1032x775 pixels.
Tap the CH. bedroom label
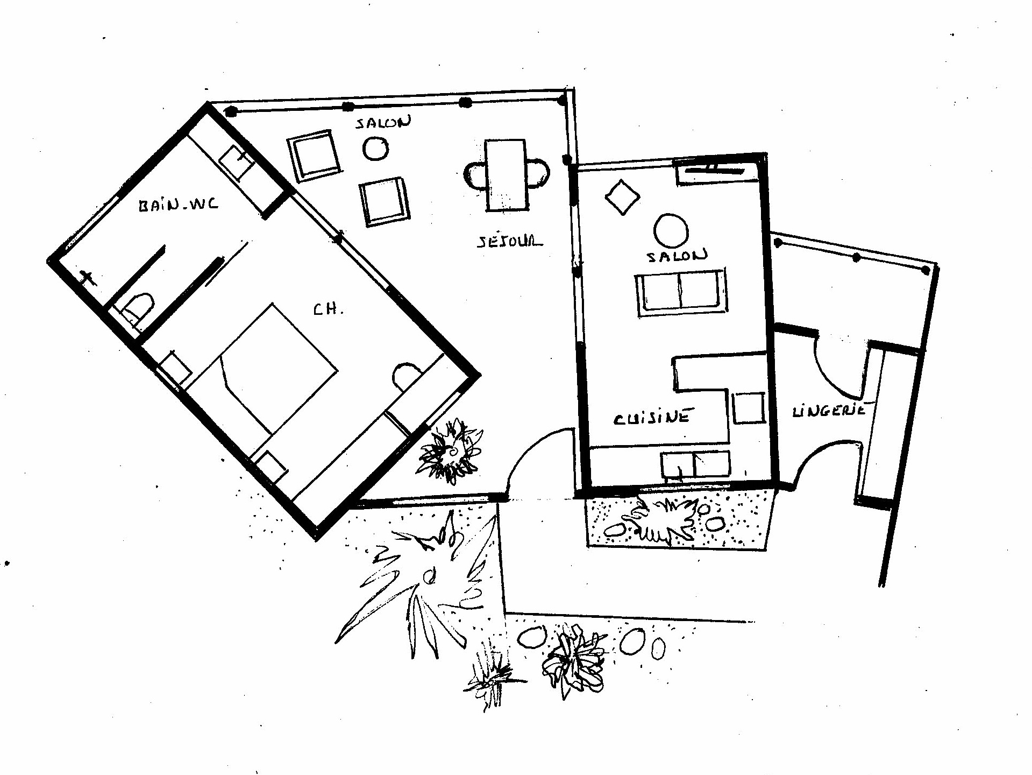click(328, 309)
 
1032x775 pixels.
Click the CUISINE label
click(652, 417)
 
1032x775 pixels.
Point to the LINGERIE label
click(829, 411)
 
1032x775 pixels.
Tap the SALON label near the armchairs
click(383, 122)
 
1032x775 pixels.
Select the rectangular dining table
click(506, 175)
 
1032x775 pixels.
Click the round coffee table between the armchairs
click(375, 148)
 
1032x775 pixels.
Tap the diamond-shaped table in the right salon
click(623, 198)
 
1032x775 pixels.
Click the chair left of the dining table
click(475, 175)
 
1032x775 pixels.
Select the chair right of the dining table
click(538, 172)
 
